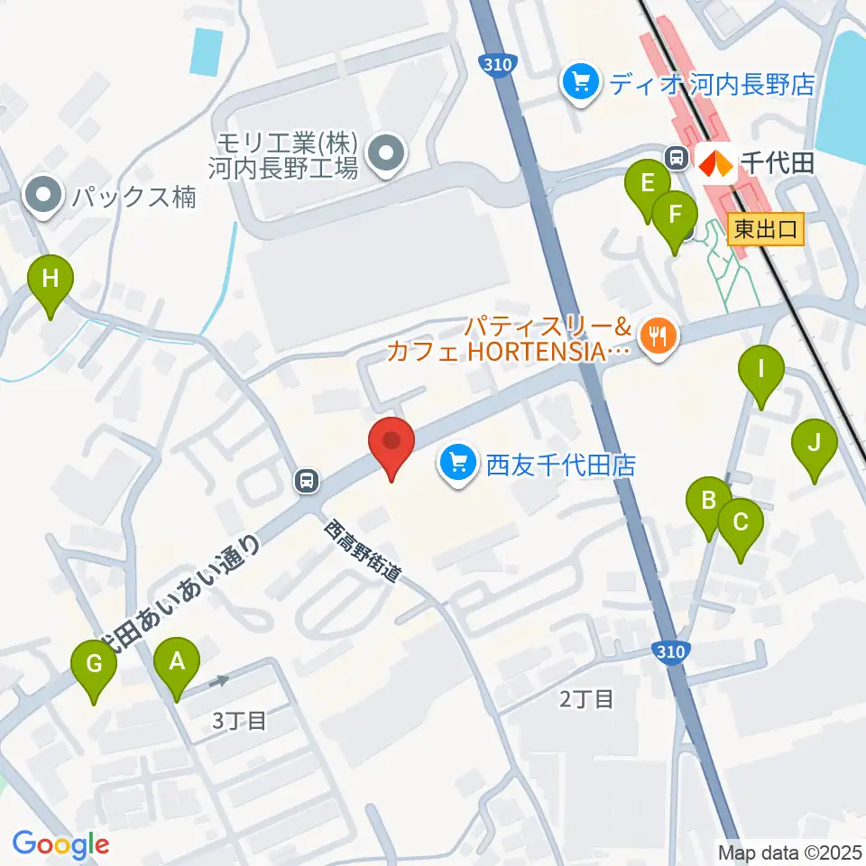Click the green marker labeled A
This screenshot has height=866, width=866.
[177, 665]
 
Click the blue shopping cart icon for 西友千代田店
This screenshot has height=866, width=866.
[459, 465]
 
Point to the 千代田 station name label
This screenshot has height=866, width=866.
[778, 162]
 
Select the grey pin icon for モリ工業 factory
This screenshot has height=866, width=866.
[388, 152]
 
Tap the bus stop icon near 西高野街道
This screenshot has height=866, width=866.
[308, 481]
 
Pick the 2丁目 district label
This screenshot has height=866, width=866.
[586, 697]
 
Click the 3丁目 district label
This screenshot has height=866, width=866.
[240, 720]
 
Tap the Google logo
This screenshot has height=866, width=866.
[60, 845]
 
